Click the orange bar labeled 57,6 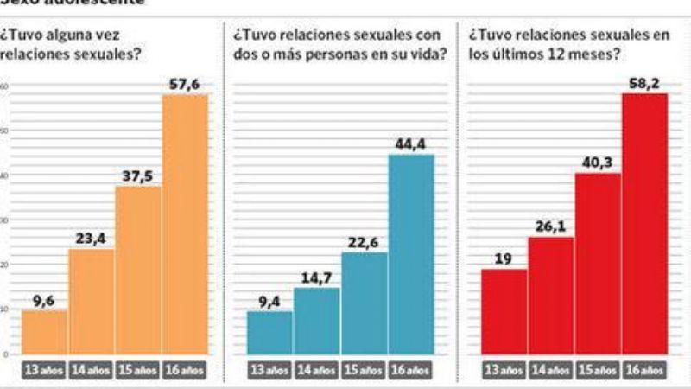[x=186, y=225]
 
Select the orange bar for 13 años [x=45, y=332]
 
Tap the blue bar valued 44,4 [x=411, y=255]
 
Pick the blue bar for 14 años [x=317, y=321]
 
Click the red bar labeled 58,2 [x=645, y=224]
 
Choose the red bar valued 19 [x=504, y=311]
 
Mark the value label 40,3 [x=598, y=162]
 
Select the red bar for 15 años [x=598, y=264]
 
